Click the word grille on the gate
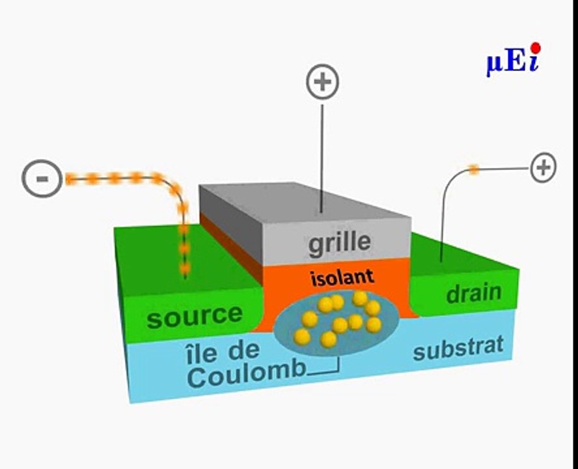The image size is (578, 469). coord(339,243)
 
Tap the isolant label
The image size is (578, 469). coord(342,277)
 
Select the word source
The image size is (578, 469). coord(194,316)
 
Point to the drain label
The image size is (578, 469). coord(474,293)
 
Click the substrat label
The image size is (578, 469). coord(458,348)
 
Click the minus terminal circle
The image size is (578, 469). coord(42,178)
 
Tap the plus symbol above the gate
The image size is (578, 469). coord(323,81)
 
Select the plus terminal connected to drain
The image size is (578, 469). coord(544,167)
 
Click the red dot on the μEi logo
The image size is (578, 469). coord(536,48)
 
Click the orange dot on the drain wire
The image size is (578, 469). coord(474,170)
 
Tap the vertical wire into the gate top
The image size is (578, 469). coord(322,159)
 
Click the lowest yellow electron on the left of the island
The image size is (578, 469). coord(302,337)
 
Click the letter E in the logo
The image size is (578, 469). coord(516,62)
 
